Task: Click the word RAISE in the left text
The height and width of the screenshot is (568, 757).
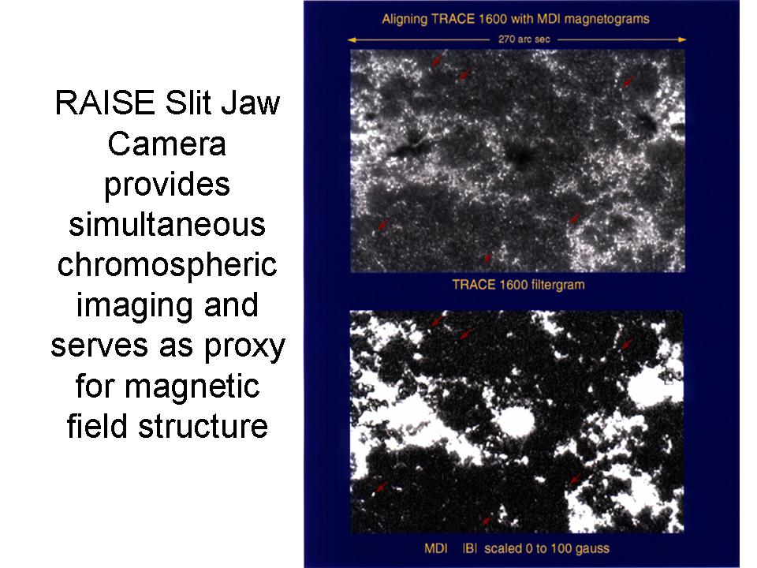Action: (104, 103)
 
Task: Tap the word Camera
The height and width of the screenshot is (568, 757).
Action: (166, 144)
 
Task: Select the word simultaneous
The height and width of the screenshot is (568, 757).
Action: (167, 224)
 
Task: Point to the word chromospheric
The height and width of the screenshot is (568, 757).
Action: (167, 266)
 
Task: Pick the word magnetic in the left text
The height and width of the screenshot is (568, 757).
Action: (192, 387)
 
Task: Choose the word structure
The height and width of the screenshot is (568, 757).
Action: (203, 426)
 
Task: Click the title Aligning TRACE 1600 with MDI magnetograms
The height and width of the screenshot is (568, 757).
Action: (516, 19)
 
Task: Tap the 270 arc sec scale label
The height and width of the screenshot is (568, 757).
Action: (524, 39)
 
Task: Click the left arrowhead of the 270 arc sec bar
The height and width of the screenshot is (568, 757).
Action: (352, 39)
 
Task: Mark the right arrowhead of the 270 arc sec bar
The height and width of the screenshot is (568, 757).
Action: (682, 39)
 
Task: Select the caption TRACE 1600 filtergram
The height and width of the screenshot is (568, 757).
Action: (519, 285)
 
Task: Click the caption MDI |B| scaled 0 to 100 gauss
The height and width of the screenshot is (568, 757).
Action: (516, 549)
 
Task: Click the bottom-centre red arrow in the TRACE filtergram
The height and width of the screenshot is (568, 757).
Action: (487, 258)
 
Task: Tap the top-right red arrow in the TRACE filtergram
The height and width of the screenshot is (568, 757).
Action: (628, 80)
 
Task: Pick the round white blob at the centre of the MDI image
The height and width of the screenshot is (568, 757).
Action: (516, 420)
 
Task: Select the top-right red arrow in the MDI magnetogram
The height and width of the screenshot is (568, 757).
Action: (626, 344)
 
